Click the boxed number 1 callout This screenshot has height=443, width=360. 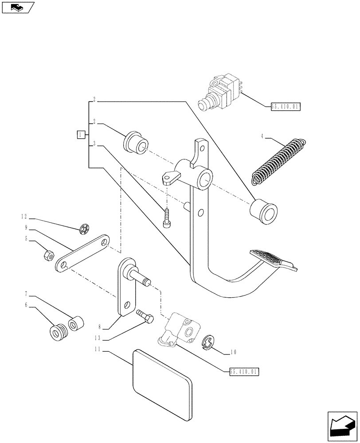point(80,134)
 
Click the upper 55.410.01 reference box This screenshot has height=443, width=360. point(285,106)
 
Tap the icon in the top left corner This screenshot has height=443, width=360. point(18,7)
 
